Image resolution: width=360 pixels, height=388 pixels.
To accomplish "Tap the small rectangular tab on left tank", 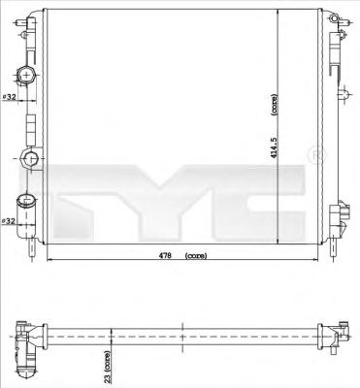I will click(29, 124).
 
